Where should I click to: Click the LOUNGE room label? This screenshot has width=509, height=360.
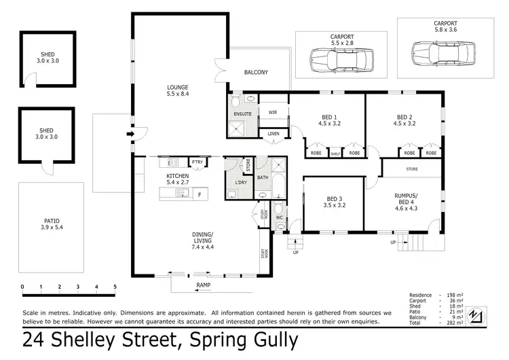178,87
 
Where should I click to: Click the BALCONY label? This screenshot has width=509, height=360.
257,73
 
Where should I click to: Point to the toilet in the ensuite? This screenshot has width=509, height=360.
235,103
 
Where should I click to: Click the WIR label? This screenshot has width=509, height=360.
272,112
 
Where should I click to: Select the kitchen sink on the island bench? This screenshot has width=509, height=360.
182,194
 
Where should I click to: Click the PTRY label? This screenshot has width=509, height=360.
197,162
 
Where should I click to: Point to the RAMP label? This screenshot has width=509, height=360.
203,285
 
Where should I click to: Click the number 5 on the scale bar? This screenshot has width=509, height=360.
115,287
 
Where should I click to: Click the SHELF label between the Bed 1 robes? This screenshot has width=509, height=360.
335,154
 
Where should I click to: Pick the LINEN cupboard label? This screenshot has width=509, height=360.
274,133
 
